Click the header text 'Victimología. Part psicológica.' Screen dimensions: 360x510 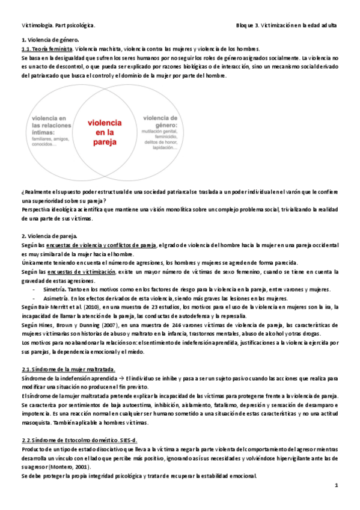point(58,26)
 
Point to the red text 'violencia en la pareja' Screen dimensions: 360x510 point(105,132)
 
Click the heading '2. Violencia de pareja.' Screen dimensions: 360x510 point(48,236)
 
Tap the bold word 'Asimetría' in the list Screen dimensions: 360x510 point(58,298)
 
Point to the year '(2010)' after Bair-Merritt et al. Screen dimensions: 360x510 point(94,307)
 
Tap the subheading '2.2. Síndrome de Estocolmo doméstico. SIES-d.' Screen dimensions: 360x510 point(79,440)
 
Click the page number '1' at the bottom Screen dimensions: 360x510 point(337,485)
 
